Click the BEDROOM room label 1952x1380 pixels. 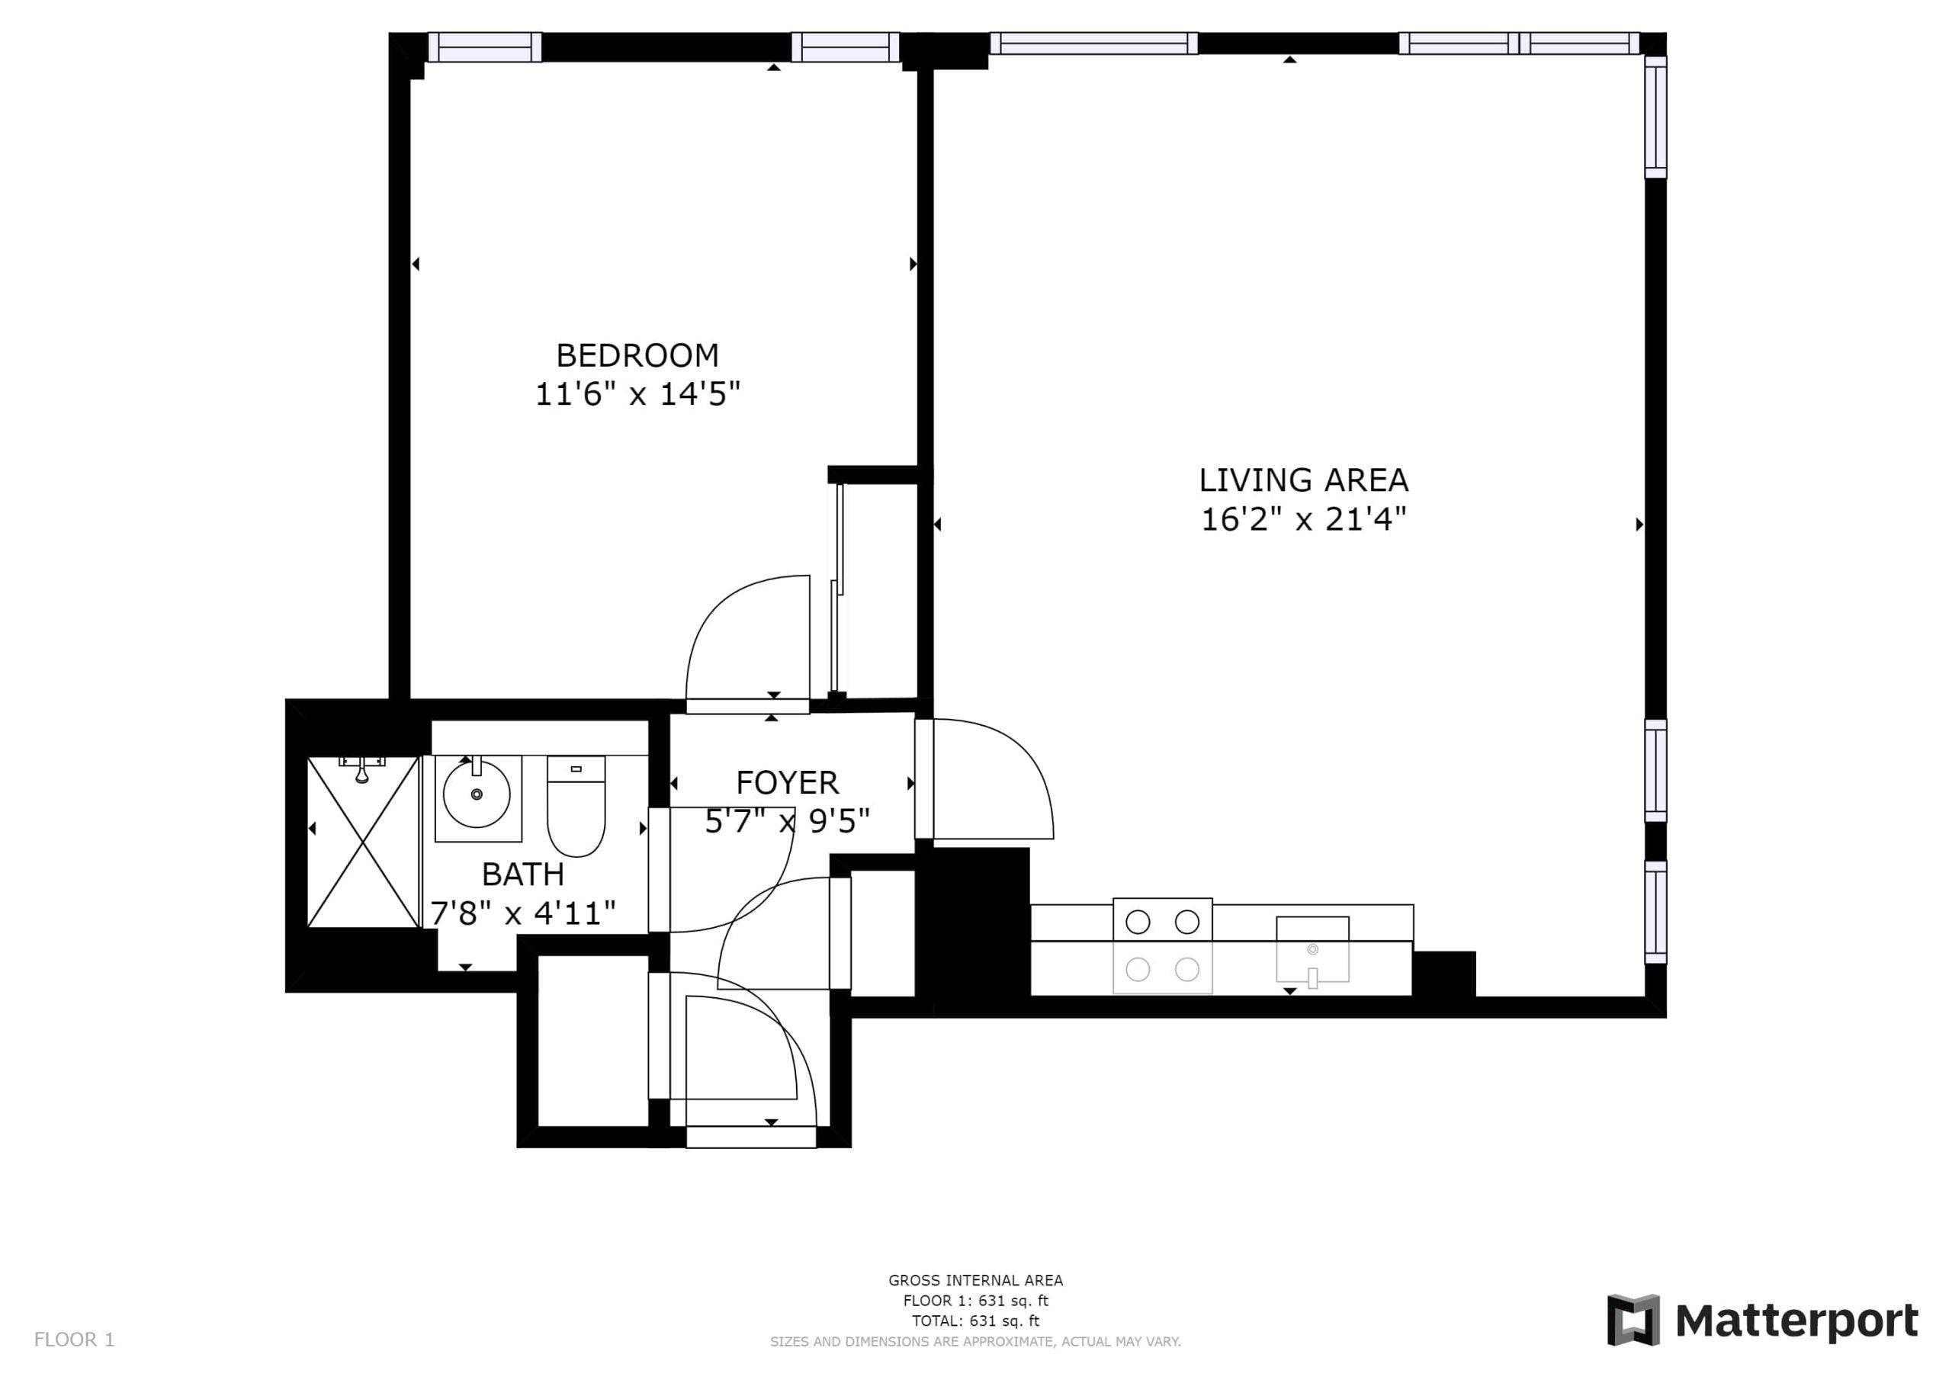pos(637,355)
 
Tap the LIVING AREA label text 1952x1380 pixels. pos(1303,480)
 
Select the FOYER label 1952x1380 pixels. pos(787,782)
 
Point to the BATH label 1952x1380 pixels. pos(523,874)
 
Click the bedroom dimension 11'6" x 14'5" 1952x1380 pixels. pos(637,394)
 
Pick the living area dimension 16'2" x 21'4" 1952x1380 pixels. pos(1303,518)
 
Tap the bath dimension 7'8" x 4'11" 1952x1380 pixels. pos(523,913)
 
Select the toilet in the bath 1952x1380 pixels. pos(576,806)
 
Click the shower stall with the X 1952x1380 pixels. pos(364,842)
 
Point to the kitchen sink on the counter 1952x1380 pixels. pos(1313,950)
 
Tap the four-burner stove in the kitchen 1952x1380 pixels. pos(1162,945)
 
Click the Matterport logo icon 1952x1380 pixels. pos(1633,1321)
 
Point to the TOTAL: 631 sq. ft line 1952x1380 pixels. pos(975,1321)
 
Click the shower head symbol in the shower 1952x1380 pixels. pos(362,769)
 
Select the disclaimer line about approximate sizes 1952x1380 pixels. pos(975,1342)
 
